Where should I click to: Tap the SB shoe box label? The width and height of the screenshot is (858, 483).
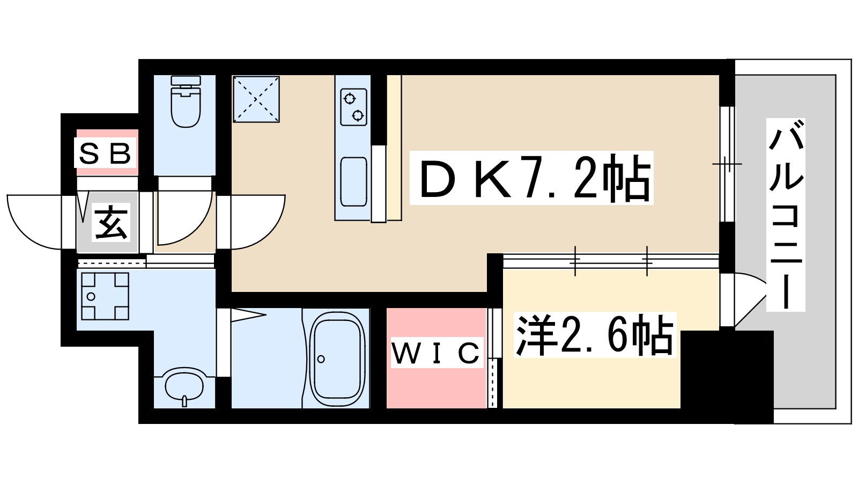pyautogui.click(x=105, y=153)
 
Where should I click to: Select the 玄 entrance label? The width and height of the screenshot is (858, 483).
pyautogui.click(x=111, y=223)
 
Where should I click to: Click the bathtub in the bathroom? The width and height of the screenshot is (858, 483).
pyautogui.click(x=337, y=360)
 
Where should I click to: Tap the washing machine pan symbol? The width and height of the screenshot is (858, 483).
pyautogui.click(x=105, y=296)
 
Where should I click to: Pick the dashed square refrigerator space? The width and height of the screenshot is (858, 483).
pyautogui.click(x=256, y=99)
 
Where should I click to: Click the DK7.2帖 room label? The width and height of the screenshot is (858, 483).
pyautogui.click(x=531, y=178)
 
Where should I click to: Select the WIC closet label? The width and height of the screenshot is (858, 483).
pyautogui.click(x=436, y=353)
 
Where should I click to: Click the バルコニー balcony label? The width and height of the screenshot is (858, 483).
pyautogui.click(x=786, y=215)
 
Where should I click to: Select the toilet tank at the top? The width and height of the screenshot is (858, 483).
pyautogui.click(x=186, y=81)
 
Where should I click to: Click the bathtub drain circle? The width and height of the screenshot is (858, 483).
pyautogui.click(x=321, y=359)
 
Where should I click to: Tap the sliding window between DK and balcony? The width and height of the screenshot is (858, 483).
pyautogui.click(x=727, y=164)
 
